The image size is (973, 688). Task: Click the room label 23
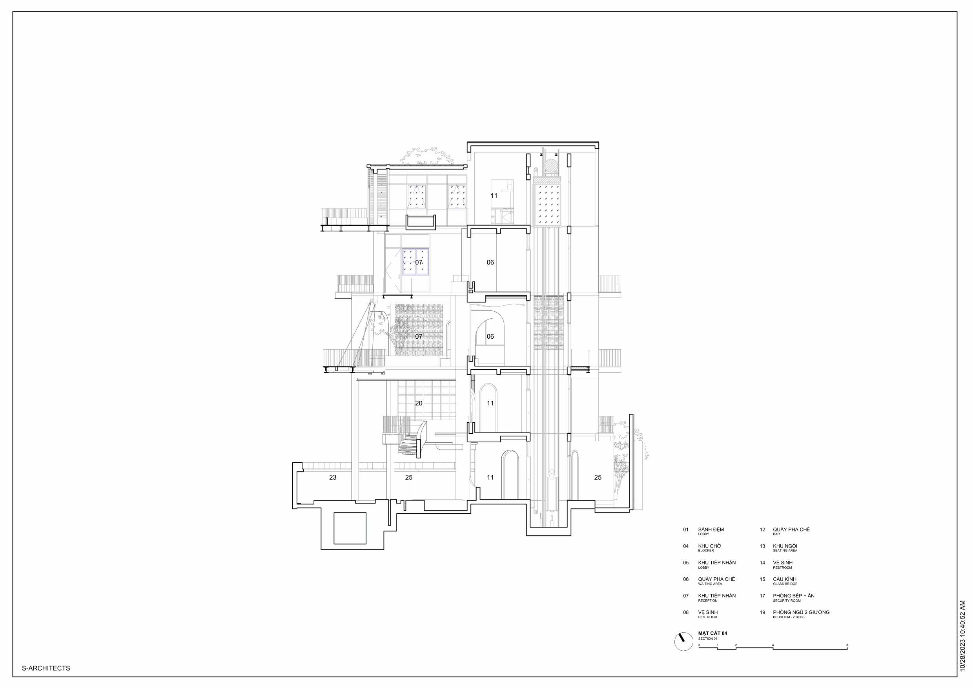click(x=333, y=477)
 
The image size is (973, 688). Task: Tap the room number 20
click(x=419, y=403)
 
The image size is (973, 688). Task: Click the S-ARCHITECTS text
click(x=46, y=668)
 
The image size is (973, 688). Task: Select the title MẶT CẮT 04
click(x=713, y=633)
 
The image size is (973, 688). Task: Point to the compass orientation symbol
click(x=683, y=641)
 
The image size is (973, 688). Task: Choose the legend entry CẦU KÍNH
click(x=784, y=579)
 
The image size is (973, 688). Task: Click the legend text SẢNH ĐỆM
click(x=711, y=529)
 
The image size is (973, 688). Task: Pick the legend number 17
click(x=762, y=596)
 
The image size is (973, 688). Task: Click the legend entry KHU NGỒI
click(x=785, y=546)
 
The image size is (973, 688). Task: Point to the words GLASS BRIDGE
click(x=785, y=584)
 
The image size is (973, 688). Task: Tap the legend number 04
click(x=686, y=546)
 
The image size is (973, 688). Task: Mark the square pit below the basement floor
click(x=350, y=528)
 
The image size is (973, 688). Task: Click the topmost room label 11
click(x=494, y=195)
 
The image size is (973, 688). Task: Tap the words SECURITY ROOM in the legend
click(x=787, y=600)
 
